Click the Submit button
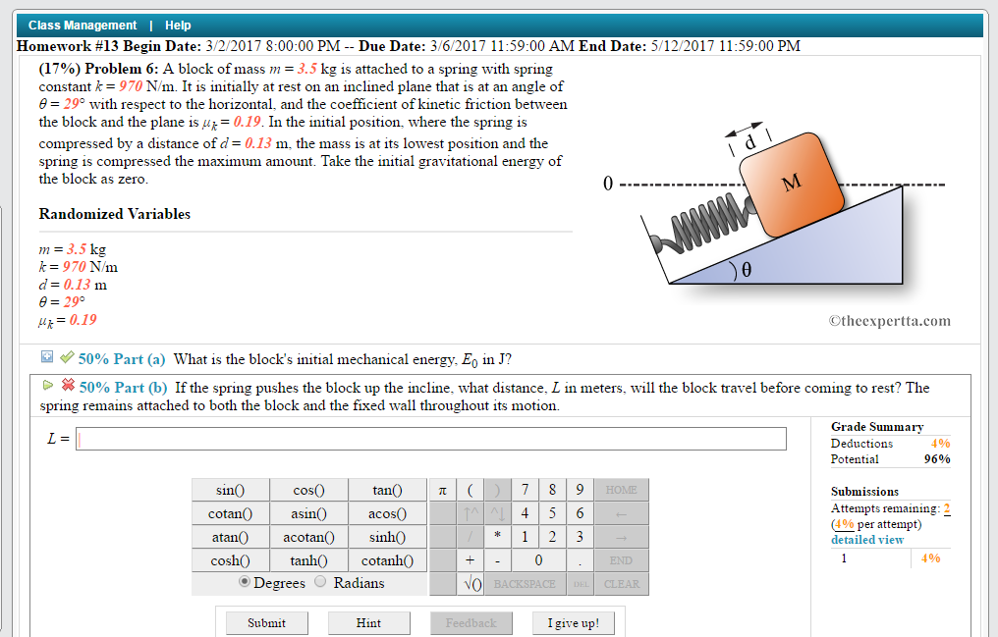(x=266, y=622)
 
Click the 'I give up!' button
(x=573, y=622)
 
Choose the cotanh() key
(x=388, y=560)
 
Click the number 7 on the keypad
(x=526, y=490)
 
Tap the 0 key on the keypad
(x=538, y=560)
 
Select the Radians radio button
(x=320, y=582)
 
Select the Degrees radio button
(x=245, y=582)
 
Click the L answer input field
(x=431, y=439)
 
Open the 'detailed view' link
(x=867, y=540)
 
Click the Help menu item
(x=178, y=26)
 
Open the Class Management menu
(x=83, y=26)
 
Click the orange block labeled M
(x=791, y=186)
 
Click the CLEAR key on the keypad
(x=621, y=584)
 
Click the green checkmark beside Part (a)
(x=67, y=358)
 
